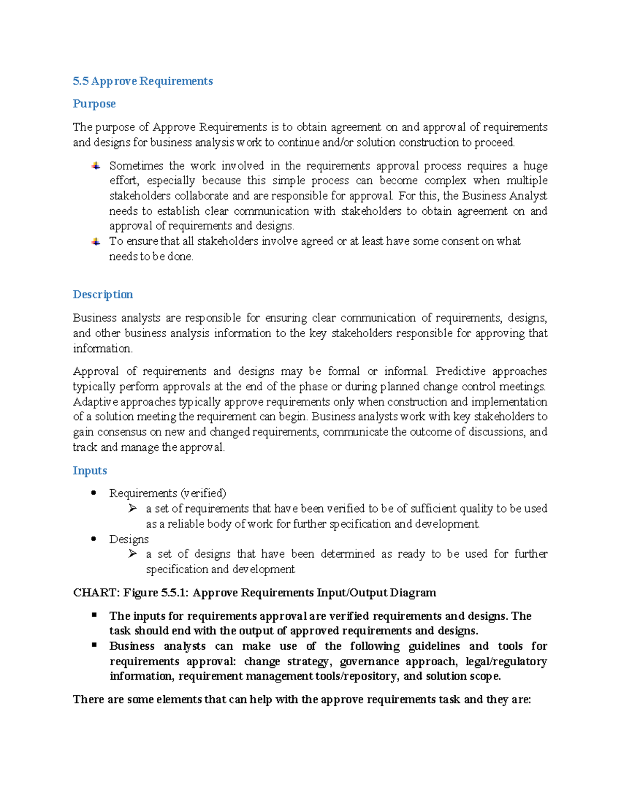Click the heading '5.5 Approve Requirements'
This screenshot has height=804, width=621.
pyautogui.click(x=143, y=81)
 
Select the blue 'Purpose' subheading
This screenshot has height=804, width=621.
pyautogui.click(x=94, y=104)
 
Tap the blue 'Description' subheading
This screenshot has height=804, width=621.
pyautogui.click(x=103, y=295)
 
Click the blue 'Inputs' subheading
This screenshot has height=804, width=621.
pyautogui.click(x=90, y=471)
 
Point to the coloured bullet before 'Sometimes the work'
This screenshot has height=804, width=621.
pyautogui.click(x=96, y=166)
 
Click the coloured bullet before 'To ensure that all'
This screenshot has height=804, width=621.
pyautogui.click(x=96, y=242)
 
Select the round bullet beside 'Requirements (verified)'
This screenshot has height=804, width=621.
pyautogui.click(x=94, y=493)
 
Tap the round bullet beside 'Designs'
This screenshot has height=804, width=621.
pyautogui.click(x=94, y=539)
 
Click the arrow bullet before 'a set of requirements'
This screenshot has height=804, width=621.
pyautogui.click(x=132, y=509)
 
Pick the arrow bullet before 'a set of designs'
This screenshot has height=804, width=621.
pyautogui.click(x=132, y=554)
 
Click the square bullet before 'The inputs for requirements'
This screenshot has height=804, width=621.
pyautogui.click(x=94, y=615)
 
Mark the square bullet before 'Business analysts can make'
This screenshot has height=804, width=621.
pyautogui.click(x=94, y=645)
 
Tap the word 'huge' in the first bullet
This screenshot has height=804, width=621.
pyautogui.click(x=535, y=166)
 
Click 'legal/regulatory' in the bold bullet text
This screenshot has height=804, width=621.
pyautogui.click(x=506, y=662)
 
